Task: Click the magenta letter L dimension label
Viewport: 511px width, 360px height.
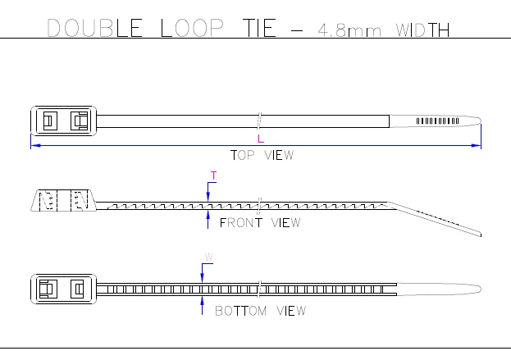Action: point(261,139)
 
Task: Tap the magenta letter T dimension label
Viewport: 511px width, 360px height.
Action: point(214,175)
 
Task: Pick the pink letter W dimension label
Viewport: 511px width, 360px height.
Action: point(208,257)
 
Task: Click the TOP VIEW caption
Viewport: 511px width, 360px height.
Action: point(262,155)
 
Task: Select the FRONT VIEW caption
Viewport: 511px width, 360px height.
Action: point(260,222)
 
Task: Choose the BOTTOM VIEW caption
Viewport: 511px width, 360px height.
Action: point(260,311)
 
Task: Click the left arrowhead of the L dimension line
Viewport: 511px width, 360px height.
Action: point(34,146)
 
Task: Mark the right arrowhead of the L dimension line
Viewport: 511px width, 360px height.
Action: point(477,146)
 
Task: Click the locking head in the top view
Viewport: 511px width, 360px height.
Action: point(63,121)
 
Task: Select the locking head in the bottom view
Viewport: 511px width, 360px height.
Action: point(63,288)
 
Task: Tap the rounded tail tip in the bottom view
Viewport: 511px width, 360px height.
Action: point(472,288)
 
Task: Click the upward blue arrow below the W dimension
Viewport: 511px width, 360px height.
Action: point(202,304)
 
